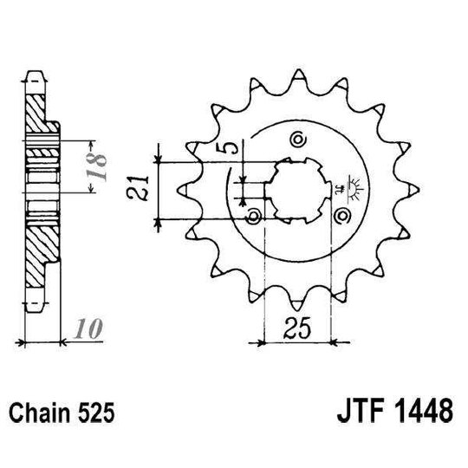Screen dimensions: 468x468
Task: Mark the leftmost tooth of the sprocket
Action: [x=184, y=185]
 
